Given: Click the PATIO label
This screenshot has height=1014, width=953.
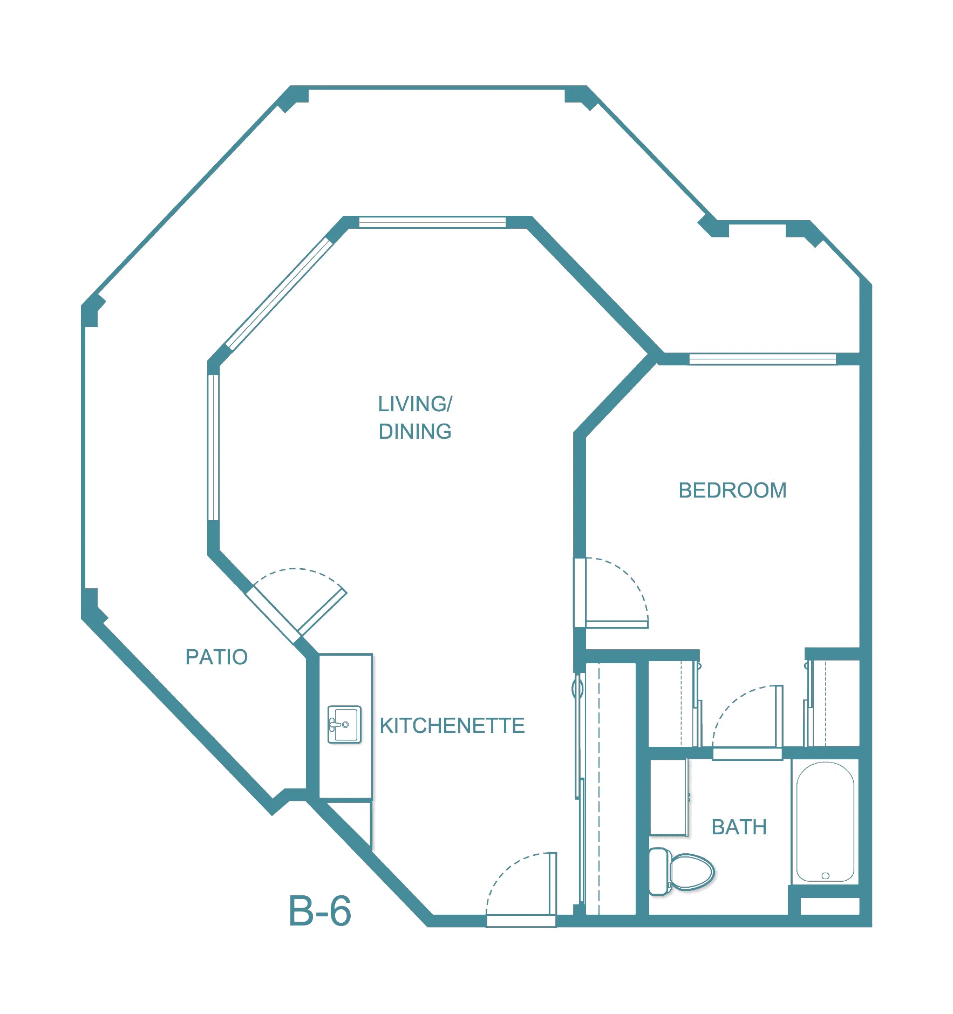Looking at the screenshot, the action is pos(216,657).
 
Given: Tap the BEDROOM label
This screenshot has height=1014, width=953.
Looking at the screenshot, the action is pos(732,490).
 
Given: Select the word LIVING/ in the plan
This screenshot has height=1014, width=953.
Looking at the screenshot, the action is pos(415,404).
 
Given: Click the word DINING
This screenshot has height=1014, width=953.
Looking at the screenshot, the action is pos(415,431).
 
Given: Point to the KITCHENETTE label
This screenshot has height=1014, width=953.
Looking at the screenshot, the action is pos(452,726).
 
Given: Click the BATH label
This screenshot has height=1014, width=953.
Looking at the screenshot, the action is pos(739,827).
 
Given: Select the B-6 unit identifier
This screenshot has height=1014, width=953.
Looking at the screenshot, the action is pos(320,911).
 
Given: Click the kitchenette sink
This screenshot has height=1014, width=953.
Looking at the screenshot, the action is pos(344,724).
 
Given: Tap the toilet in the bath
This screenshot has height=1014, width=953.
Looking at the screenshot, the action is pos(681,871).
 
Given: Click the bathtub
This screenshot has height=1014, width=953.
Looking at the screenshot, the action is pos(825,822).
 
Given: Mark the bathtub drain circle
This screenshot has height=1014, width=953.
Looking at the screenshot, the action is pos(825,875).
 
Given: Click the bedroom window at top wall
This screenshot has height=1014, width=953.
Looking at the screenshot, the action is pos(763,359).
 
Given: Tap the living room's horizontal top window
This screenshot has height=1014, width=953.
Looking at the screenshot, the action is pos(432,222).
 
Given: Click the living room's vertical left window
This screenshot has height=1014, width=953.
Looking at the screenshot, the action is pos(214,448).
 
